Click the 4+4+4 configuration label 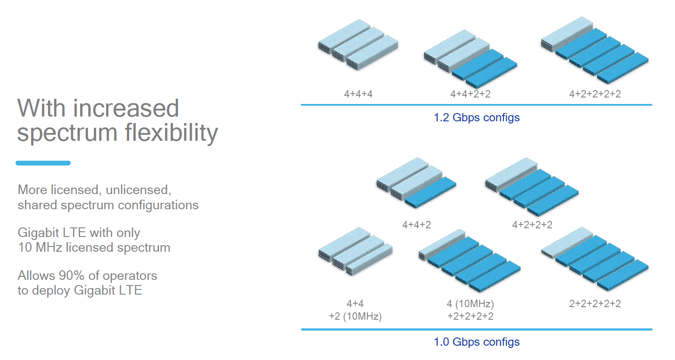(x=358, y=94)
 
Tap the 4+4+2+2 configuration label (x=470, y=94)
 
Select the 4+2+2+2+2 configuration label (x=595, y=94)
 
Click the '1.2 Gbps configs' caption (x=477, y=117)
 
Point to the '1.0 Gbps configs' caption (x=477, y=342)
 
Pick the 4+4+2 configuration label (x=416, y=225)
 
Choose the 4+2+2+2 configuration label (x=532, y=225)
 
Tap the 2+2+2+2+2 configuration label (x=595, y=304)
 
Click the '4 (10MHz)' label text (x=470, y=304)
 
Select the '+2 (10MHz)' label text (x=355, y=316)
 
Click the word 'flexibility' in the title (x=171, y=133)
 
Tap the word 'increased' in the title (x=126, y=108)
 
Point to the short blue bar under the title (x=43, y=163)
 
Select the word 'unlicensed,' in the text (x=138, y=190)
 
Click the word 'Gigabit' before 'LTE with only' (x=38, y=233)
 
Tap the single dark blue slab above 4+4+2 (x=430, y=192)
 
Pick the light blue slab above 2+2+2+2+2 (x=567, y=243)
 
